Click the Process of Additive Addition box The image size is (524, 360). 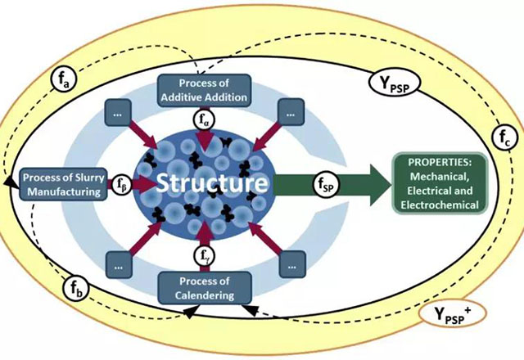pos(202,88)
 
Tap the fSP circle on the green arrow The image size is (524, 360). pos(326,183)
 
